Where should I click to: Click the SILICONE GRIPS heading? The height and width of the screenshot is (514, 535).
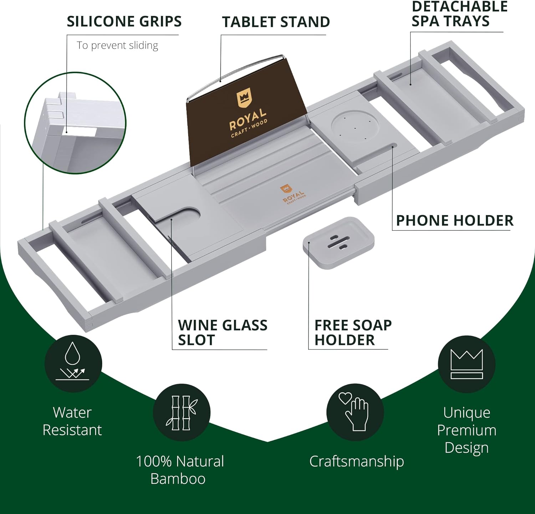124,21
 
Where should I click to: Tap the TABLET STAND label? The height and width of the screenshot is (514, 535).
276,22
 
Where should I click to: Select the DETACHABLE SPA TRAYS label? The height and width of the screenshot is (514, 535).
459,14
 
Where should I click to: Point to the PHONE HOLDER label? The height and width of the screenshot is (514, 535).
455,221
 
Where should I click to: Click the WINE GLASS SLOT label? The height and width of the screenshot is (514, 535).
223,333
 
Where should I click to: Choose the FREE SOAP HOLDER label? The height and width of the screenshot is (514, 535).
353,333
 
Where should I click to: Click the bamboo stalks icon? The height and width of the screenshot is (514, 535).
182,413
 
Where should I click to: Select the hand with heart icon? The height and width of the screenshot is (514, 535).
355,412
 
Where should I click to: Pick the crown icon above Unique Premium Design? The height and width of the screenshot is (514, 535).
467,364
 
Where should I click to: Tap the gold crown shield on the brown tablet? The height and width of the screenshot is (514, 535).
244,99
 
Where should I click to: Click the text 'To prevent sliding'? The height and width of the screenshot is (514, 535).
117,45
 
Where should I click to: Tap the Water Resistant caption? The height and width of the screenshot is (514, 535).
72,421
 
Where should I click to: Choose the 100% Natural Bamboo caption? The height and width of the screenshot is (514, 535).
179,470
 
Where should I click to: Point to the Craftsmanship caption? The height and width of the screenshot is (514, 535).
356,461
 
